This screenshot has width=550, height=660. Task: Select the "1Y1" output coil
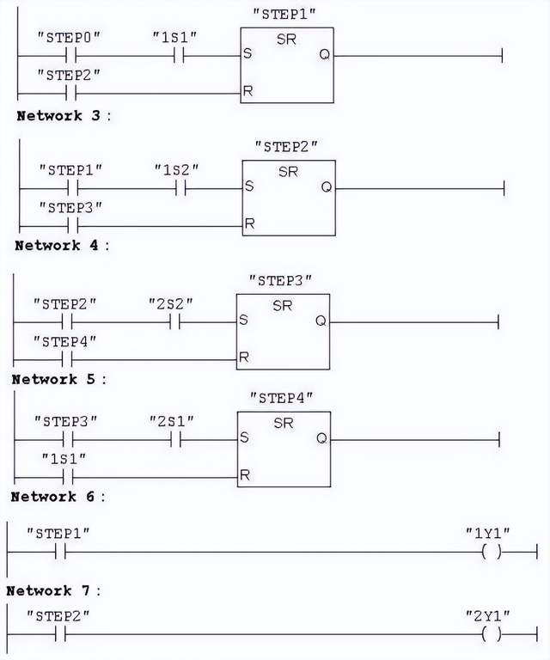[x=492, y=552]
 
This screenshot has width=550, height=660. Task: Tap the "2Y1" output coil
[x=492, y=634]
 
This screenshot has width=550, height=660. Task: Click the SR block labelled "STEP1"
[x=287, y=65]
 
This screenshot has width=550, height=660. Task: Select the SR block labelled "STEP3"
[x=283, y=331]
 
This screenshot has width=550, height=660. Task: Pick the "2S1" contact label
[x=172, y=420]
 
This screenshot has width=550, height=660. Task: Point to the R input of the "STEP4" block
[x=246, y=475]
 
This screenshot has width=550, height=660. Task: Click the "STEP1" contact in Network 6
[x=60, y=552]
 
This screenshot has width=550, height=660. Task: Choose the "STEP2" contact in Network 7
[x=60, y=634]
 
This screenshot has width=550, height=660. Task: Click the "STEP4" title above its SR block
[x=281, y=397]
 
